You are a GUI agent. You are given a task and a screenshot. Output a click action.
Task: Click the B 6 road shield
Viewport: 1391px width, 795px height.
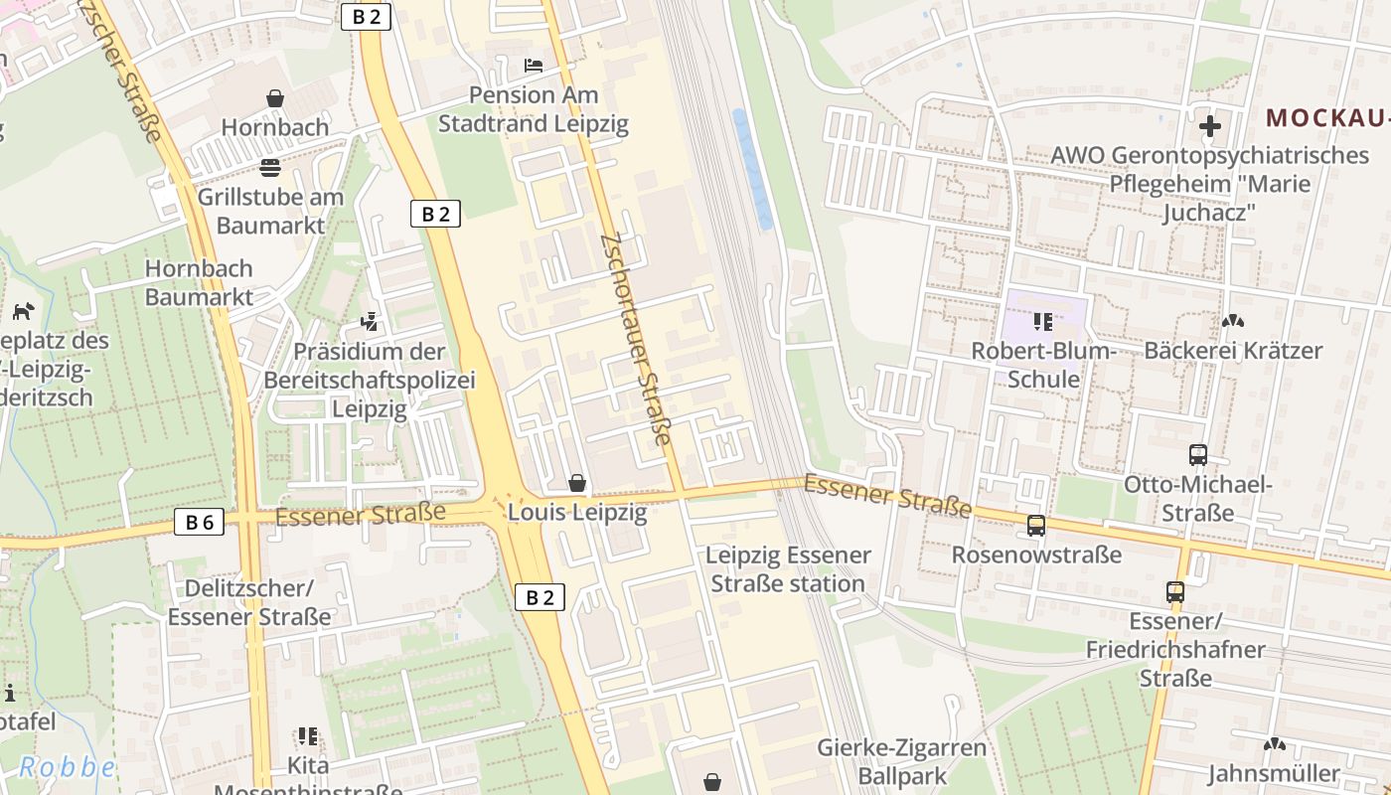(x=199, y=522)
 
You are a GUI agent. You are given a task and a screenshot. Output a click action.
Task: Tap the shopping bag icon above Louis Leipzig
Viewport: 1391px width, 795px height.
(x=577, y=484)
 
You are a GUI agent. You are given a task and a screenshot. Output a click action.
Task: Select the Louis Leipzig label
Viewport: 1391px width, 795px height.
(x=577, y=513)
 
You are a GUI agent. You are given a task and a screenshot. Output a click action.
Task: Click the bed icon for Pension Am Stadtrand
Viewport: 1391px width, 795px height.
(x=534, y=67)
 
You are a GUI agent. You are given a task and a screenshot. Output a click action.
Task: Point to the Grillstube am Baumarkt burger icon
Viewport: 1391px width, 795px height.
(x=270, y=167)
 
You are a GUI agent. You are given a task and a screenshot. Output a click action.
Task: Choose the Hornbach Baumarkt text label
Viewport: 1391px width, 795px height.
(x=199, y=282)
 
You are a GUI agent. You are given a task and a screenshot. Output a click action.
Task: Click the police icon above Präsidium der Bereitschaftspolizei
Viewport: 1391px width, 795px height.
(x=370, y=322)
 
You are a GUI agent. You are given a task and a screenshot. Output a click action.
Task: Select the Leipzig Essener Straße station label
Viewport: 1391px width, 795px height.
(x=788, y=569)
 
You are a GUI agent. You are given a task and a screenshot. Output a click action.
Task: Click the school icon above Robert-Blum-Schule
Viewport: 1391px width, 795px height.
(x=1043, y=321)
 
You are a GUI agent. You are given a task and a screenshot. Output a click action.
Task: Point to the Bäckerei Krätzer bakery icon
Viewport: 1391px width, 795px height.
(x=1233, y=321)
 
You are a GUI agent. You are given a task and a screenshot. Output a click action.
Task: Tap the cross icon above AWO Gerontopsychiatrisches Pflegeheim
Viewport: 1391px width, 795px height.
(x=1209, y=126)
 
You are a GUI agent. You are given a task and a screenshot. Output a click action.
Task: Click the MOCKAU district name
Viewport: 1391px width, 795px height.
(x=1327, y=118)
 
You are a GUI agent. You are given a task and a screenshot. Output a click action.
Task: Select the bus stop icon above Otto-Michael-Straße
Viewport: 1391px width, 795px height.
(x=1198, y=455)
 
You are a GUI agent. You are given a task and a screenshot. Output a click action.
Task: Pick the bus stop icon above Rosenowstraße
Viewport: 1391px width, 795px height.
(x=1036, y=526)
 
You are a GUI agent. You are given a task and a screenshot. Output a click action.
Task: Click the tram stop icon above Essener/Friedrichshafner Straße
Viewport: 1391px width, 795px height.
(x=1175, y=592)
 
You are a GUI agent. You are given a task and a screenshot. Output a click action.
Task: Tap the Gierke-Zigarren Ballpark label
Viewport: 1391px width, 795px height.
(x=902, y=760)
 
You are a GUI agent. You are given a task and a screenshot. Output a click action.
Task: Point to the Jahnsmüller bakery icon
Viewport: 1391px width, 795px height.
(x=1274, y=744)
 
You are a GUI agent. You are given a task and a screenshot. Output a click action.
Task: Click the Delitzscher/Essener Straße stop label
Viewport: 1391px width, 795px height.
(x=248, y=602)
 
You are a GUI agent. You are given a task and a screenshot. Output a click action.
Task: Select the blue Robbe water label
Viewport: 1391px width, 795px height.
(x=68, y=767)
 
